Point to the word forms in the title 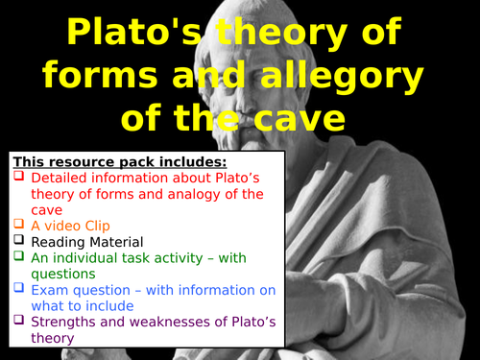126,77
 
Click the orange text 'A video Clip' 70,226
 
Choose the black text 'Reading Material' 86,243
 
